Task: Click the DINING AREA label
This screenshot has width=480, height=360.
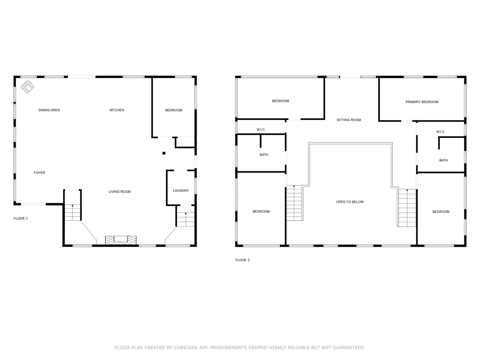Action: pyautogui.click(x=49, y=110)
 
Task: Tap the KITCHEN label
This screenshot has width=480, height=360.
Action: pyautogui.click(x=117, y=110)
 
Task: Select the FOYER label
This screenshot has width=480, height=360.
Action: pyautogui.click(x=39, y=172)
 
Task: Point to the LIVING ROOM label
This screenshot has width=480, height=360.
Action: pyautogui.click(x=120, y=192)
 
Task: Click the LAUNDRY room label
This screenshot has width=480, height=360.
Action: pyautogui.click(x=181, y=190)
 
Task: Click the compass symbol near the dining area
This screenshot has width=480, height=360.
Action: pyautogui.click(x=27, y=87)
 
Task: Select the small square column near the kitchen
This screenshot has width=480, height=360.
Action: pyautogui.click(x=164, y=153)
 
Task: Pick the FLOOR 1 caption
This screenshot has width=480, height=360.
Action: pyautogui.click(x=21, y=218)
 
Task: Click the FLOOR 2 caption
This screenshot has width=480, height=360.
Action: pyautogui.click(x=242, y=260)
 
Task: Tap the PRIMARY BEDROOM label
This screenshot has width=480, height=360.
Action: pyautogui.click(x=421, y=102)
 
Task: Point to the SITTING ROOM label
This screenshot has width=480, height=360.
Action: pyautogui.click(x=349, y=120)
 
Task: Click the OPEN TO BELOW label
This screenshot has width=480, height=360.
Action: pyautogui.click(x=349, y=202)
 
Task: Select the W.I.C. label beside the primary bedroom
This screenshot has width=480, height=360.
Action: pyautogui.click(x=440, y=132)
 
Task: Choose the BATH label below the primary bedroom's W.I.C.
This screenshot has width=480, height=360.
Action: pyautogui.click(x=443, y=160)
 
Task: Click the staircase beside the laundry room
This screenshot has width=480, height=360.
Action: pyautogui.click(x=186, y=216)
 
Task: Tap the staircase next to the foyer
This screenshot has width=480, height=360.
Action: pyautogui.click(x=73, y=205)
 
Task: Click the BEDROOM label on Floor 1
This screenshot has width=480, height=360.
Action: pyautogui.click(x=174, y=110)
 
